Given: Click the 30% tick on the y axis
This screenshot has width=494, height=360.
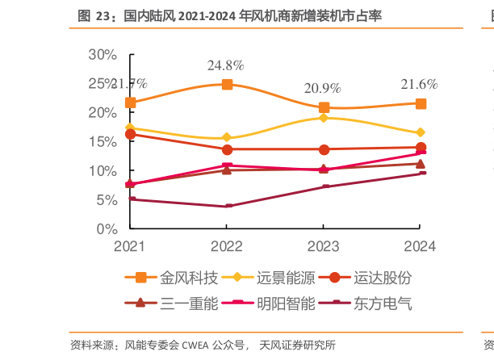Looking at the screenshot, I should point(103,54).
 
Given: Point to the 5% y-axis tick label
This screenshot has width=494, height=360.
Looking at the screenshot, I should point(107,200).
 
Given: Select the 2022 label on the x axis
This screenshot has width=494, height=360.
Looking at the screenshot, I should point(227,245).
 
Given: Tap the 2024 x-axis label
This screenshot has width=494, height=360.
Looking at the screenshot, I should point(421,245).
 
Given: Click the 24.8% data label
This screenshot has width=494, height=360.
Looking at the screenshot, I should point(226,65).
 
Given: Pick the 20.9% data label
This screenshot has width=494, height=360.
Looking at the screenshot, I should point(323,88).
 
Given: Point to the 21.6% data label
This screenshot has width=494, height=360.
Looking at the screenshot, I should point(420,84).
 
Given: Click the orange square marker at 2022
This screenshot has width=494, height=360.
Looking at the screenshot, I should point(228,84).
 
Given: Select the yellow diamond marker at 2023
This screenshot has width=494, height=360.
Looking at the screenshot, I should point(324,118).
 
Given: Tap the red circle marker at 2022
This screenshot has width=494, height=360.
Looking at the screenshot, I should point(228,149).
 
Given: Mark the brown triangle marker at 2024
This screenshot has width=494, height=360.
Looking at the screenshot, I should point(421,164).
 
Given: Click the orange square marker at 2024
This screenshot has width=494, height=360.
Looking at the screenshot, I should point(421,103).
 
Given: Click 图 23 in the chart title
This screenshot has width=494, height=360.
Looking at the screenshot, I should point(89,15).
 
